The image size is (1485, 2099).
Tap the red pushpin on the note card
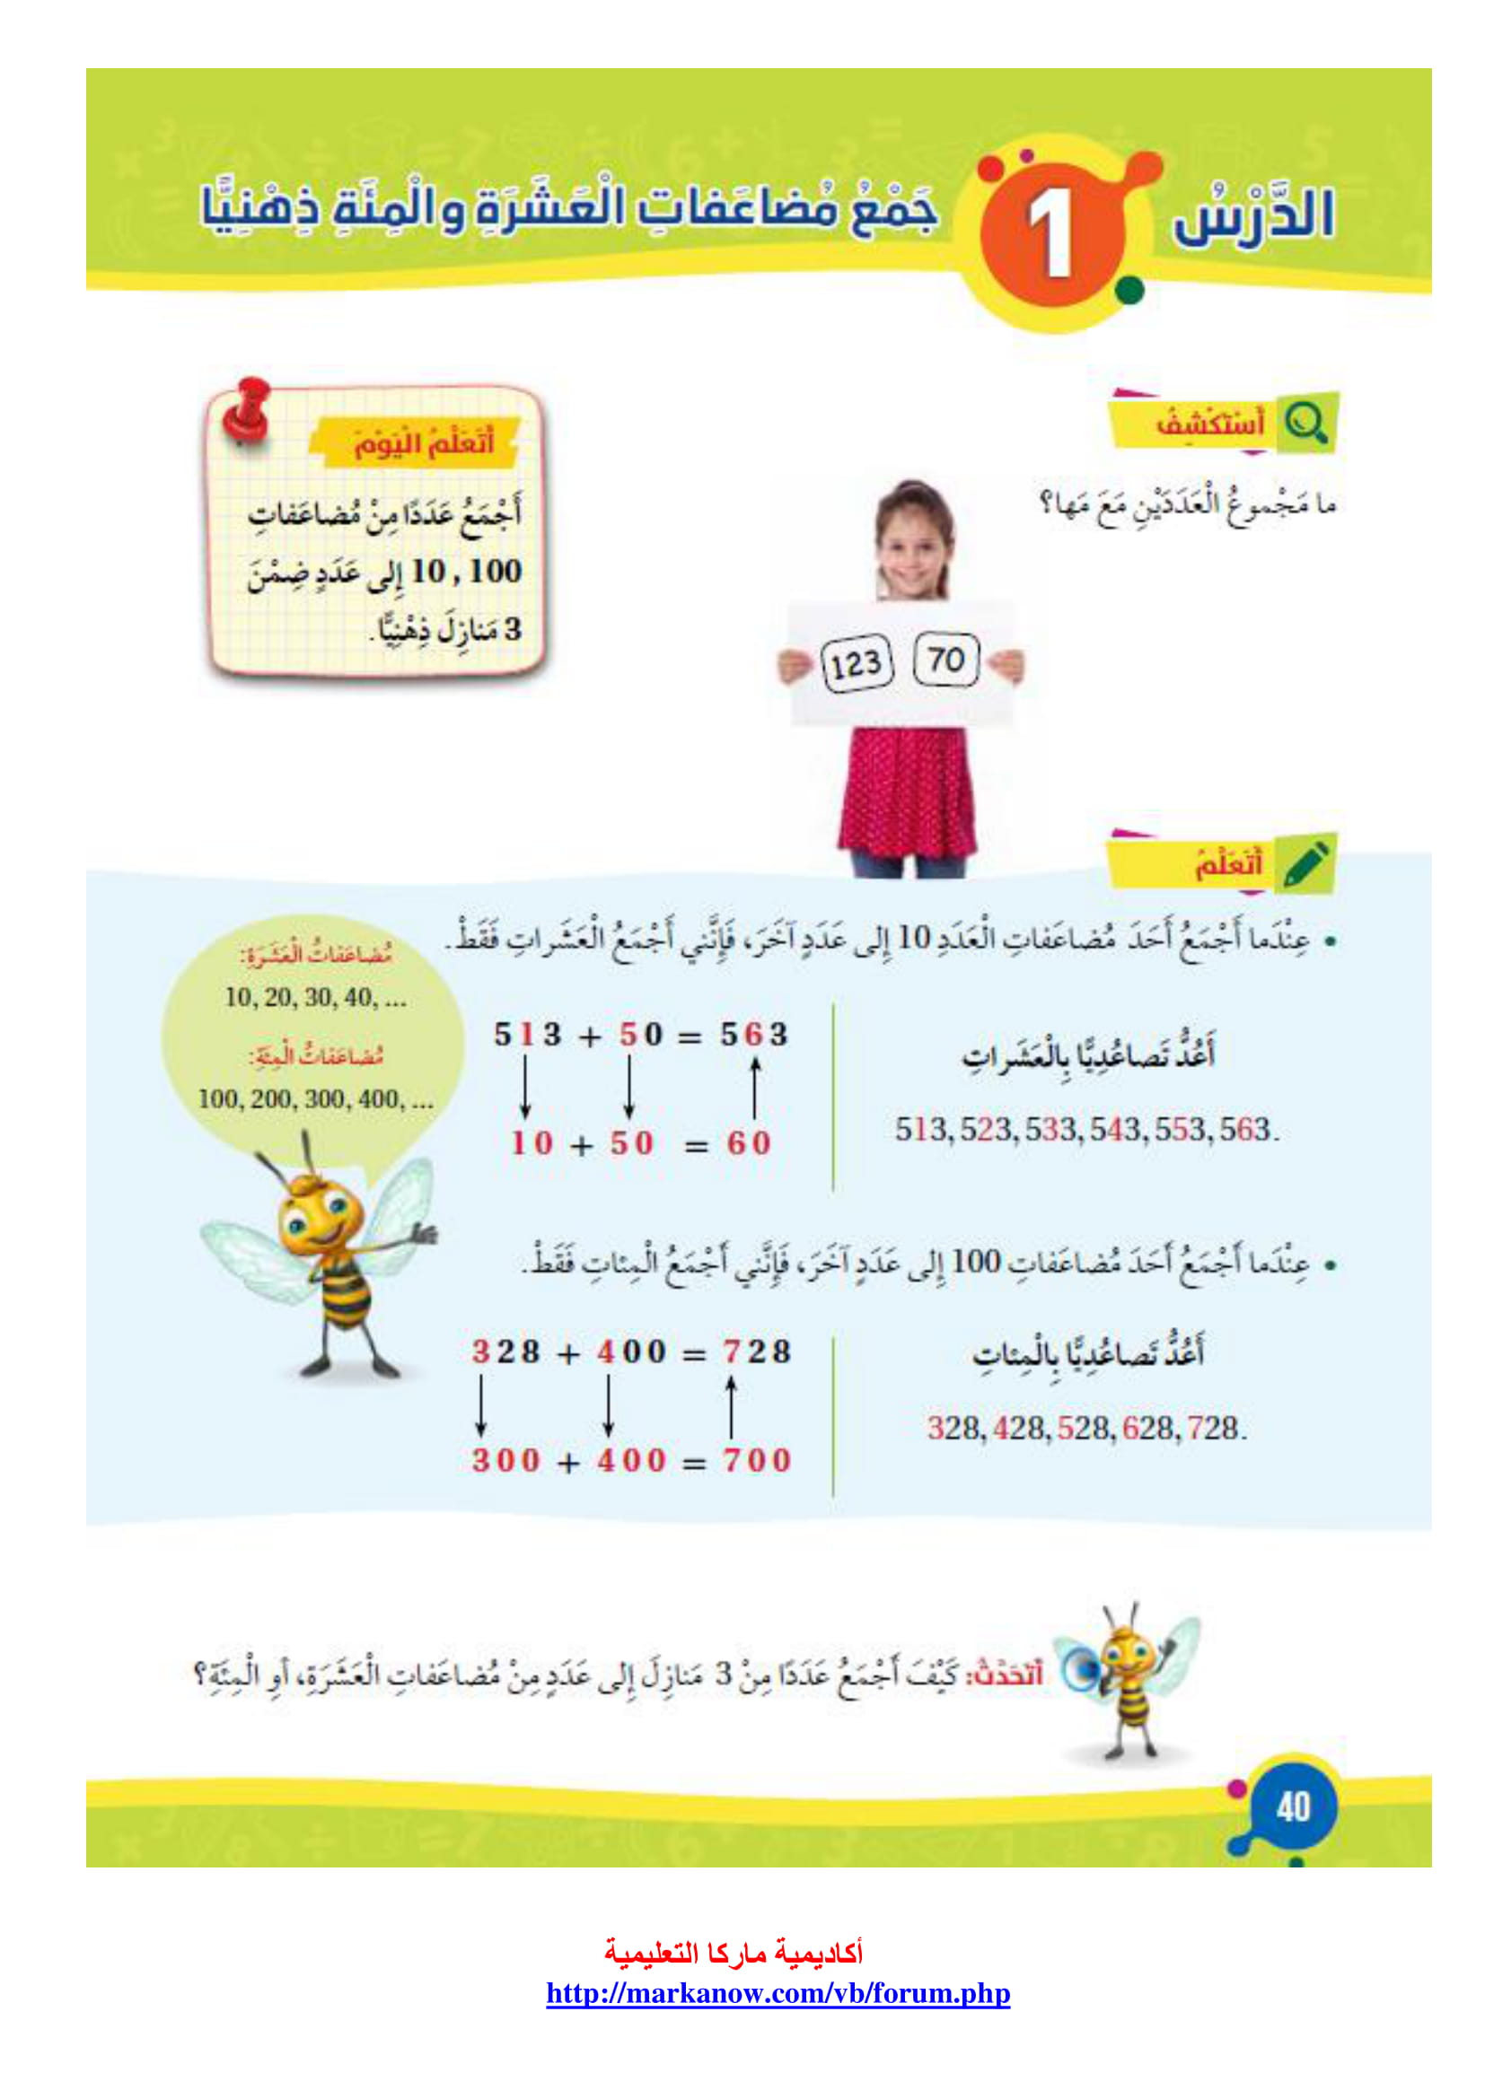click(247, 410)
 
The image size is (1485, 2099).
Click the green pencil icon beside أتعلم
click(1305, 862)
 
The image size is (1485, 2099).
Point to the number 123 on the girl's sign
click(856, 665)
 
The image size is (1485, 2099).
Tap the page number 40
click(1293, 1806)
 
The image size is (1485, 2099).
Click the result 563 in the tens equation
click(753, 1035)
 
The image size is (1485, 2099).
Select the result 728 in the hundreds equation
click(757, 1351)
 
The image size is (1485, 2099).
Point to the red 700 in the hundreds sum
click(757, 1460)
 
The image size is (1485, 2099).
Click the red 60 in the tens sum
click(749, 1142)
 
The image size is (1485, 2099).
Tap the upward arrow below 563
click(754, 1088)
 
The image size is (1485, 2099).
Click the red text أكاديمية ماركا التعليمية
click(734, 1953)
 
